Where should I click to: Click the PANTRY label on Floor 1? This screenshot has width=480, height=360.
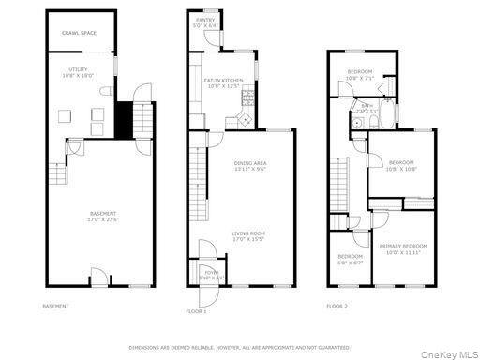click(205, 22)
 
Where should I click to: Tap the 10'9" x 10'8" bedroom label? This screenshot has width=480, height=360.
click(401, 166)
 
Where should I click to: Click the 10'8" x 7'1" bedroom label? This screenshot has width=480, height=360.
click(360, 74)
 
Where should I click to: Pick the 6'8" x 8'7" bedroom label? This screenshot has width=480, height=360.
click(351, 259)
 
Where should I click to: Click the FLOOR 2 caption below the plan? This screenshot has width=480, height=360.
click(337, 307)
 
